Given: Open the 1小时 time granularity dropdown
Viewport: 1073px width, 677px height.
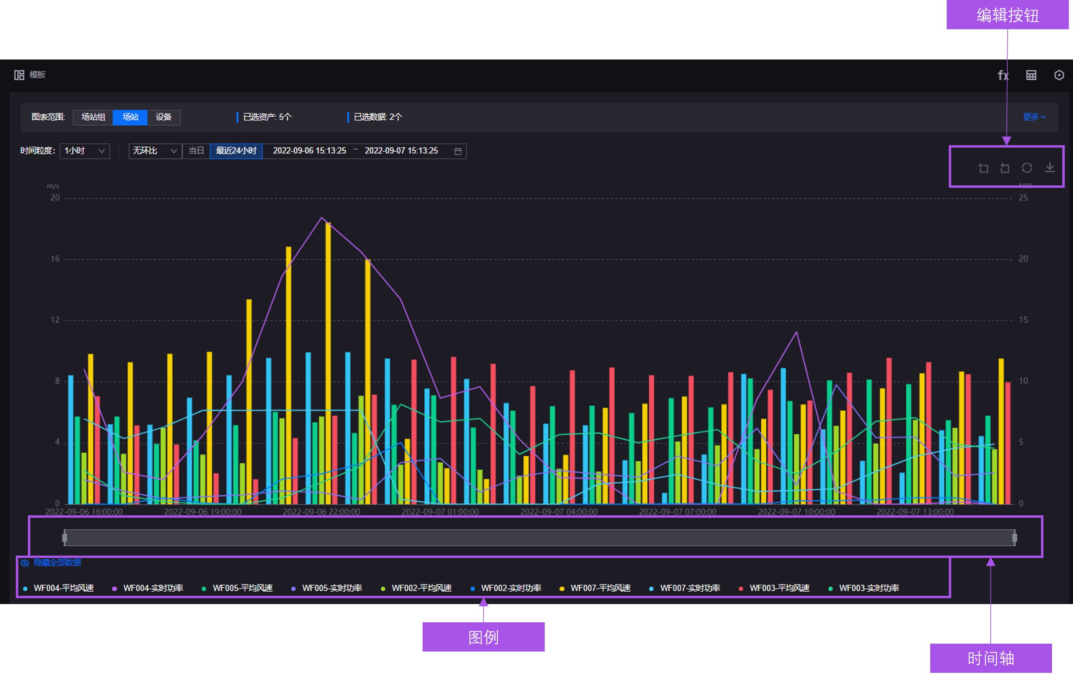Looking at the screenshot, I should (x=85, y=151).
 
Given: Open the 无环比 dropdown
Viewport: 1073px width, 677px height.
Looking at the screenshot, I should (x=155, y=151).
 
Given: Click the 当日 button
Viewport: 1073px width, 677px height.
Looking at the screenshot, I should (x=196, y=151).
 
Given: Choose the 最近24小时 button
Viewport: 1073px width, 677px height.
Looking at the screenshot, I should (x=236, y=151).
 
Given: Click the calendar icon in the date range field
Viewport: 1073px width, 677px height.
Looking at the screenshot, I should (x=458, y=151).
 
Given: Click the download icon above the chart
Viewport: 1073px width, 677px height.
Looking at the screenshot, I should (x=1050, y=168).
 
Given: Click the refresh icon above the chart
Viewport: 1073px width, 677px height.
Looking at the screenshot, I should (x=1027, y=168).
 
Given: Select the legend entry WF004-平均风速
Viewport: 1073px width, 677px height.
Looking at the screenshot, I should (x=63, y=588).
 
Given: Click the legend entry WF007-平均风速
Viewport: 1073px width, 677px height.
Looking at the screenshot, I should (x=600, y=588).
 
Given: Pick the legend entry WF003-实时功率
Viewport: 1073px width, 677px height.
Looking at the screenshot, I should (x=869, y=588).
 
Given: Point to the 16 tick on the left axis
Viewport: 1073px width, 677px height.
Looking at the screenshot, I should (x=55, y=259).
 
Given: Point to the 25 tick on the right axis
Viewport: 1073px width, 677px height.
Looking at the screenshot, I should (x=1023, y=198).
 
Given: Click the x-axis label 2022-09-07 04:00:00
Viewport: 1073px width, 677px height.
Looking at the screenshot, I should (x=559, y=512).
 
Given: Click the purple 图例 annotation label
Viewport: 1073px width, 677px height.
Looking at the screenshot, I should (x=483, y=637).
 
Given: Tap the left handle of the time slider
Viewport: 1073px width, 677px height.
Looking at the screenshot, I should (x=65, y=538).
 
